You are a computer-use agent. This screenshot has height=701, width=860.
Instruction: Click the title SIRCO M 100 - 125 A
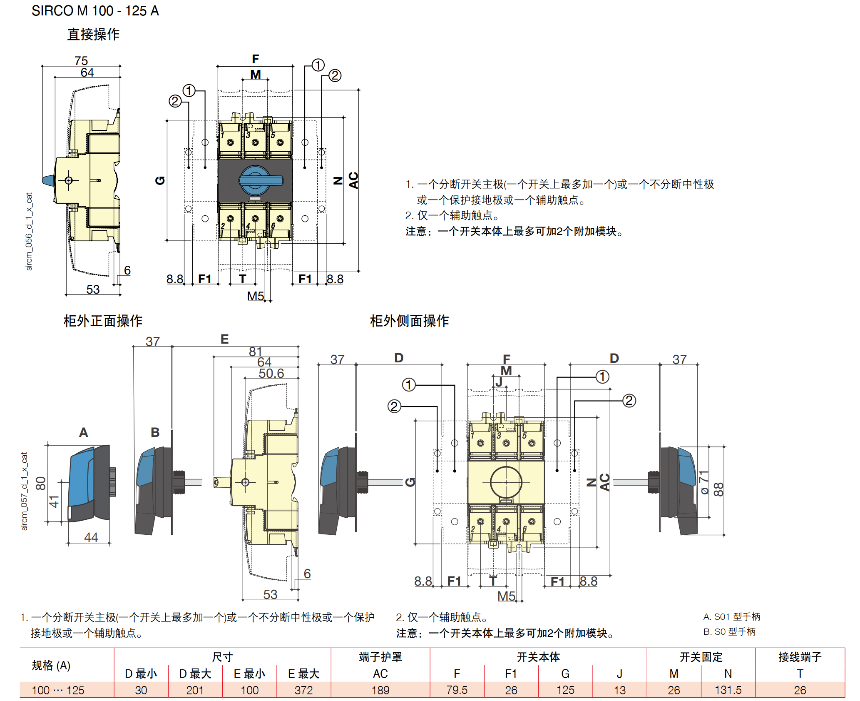tap(95, 11)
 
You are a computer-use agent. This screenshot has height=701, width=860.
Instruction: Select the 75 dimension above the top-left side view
tap(81, 61)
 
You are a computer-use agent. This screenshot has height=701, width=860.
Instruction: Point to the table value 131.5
tap(728, 690)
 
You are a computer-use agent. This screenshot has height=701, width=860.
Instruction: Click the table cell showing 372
tap(303, 690)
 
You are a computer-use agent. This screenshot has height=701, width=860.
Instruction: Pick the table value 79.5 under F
tap(457, 690)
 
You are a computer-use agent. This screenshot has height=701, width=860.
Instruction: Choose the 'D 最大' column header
tap(195, 674)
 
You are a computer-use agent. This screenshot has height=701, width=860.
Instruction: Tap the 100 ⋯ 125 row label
tap(58, 690)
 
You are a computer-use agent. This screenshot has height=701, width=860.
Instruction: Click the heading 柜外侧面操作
tap(409, 321)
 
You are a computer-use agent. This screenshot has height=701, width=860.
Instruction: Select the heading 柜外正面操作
tap(103, 321)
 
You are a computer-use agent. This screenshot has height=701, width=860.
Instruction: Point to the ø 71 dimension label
tap(704, 482)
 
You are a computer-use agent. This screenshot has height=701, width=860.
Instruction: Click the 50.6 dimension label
tap(271, 373)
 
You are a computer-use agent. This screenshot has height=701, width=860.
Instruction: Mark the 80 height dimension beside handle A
tap(40, 483)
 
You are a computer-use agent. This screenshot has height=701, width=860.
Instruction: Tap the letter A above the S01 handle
tap(84, 432)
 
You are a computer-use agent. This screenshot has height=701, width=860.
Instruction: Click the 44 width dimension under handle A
tap(91, 537)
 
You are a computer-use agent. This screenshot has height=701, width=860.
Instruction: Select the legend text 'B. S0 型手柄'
tap(729, 632)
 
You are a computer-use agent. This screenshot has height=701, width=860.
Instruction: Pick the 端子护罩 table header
tap(380, 657)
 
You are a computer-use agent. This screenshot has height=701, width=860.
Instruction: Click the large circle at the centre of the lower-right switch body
tap(506, 482)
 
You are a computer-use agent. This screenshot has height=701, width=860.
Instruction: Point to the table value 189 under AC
tap(380, 690)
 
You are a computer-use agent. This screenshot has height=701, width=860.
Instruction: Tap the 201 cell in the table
tap(195, 690)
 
